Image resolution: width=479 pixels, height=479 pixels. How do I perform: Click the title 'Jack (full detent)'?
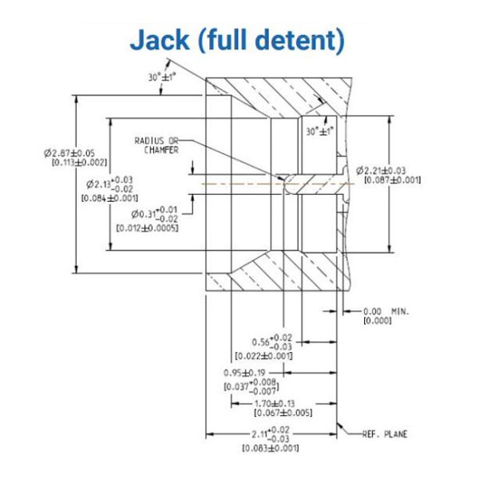point(237,40)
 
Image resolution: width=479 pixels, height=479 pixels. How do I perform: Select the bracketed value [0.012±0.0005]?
point(147,228)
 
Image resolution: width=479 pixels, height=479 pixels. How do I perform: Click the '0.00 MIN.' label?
point(386,311)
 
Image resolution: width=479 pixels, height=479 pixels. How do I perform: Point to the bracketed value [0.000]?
point(374,320)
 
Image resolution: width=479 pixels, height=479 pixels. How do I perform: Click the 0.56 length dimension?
point(270,341)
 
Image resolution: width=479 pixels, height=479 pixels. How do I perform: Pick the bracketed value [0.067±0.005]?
point(283,413)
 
